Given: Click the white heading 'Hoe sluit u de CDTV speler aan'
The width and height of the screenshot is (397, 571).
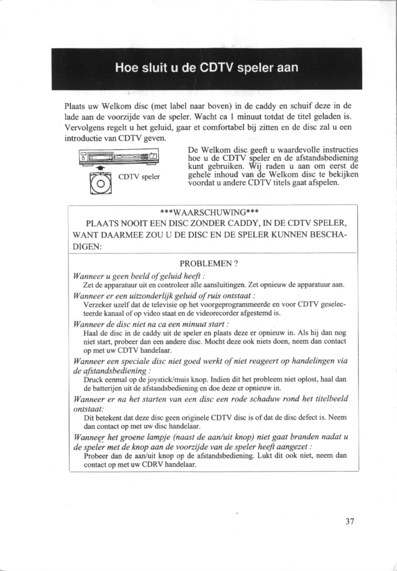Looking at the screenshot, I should tap(207, 67).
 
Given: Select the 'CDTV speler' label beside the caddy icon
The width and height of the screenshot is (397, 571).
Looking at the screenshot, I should tap(140, 177).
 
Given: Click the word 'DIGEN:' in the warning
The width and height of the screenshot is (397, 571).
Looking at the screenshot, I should tap(88, 247).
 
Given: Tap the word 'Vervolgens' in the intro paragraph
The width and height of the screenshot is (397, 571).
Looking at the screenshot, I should tap(86, 128).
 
